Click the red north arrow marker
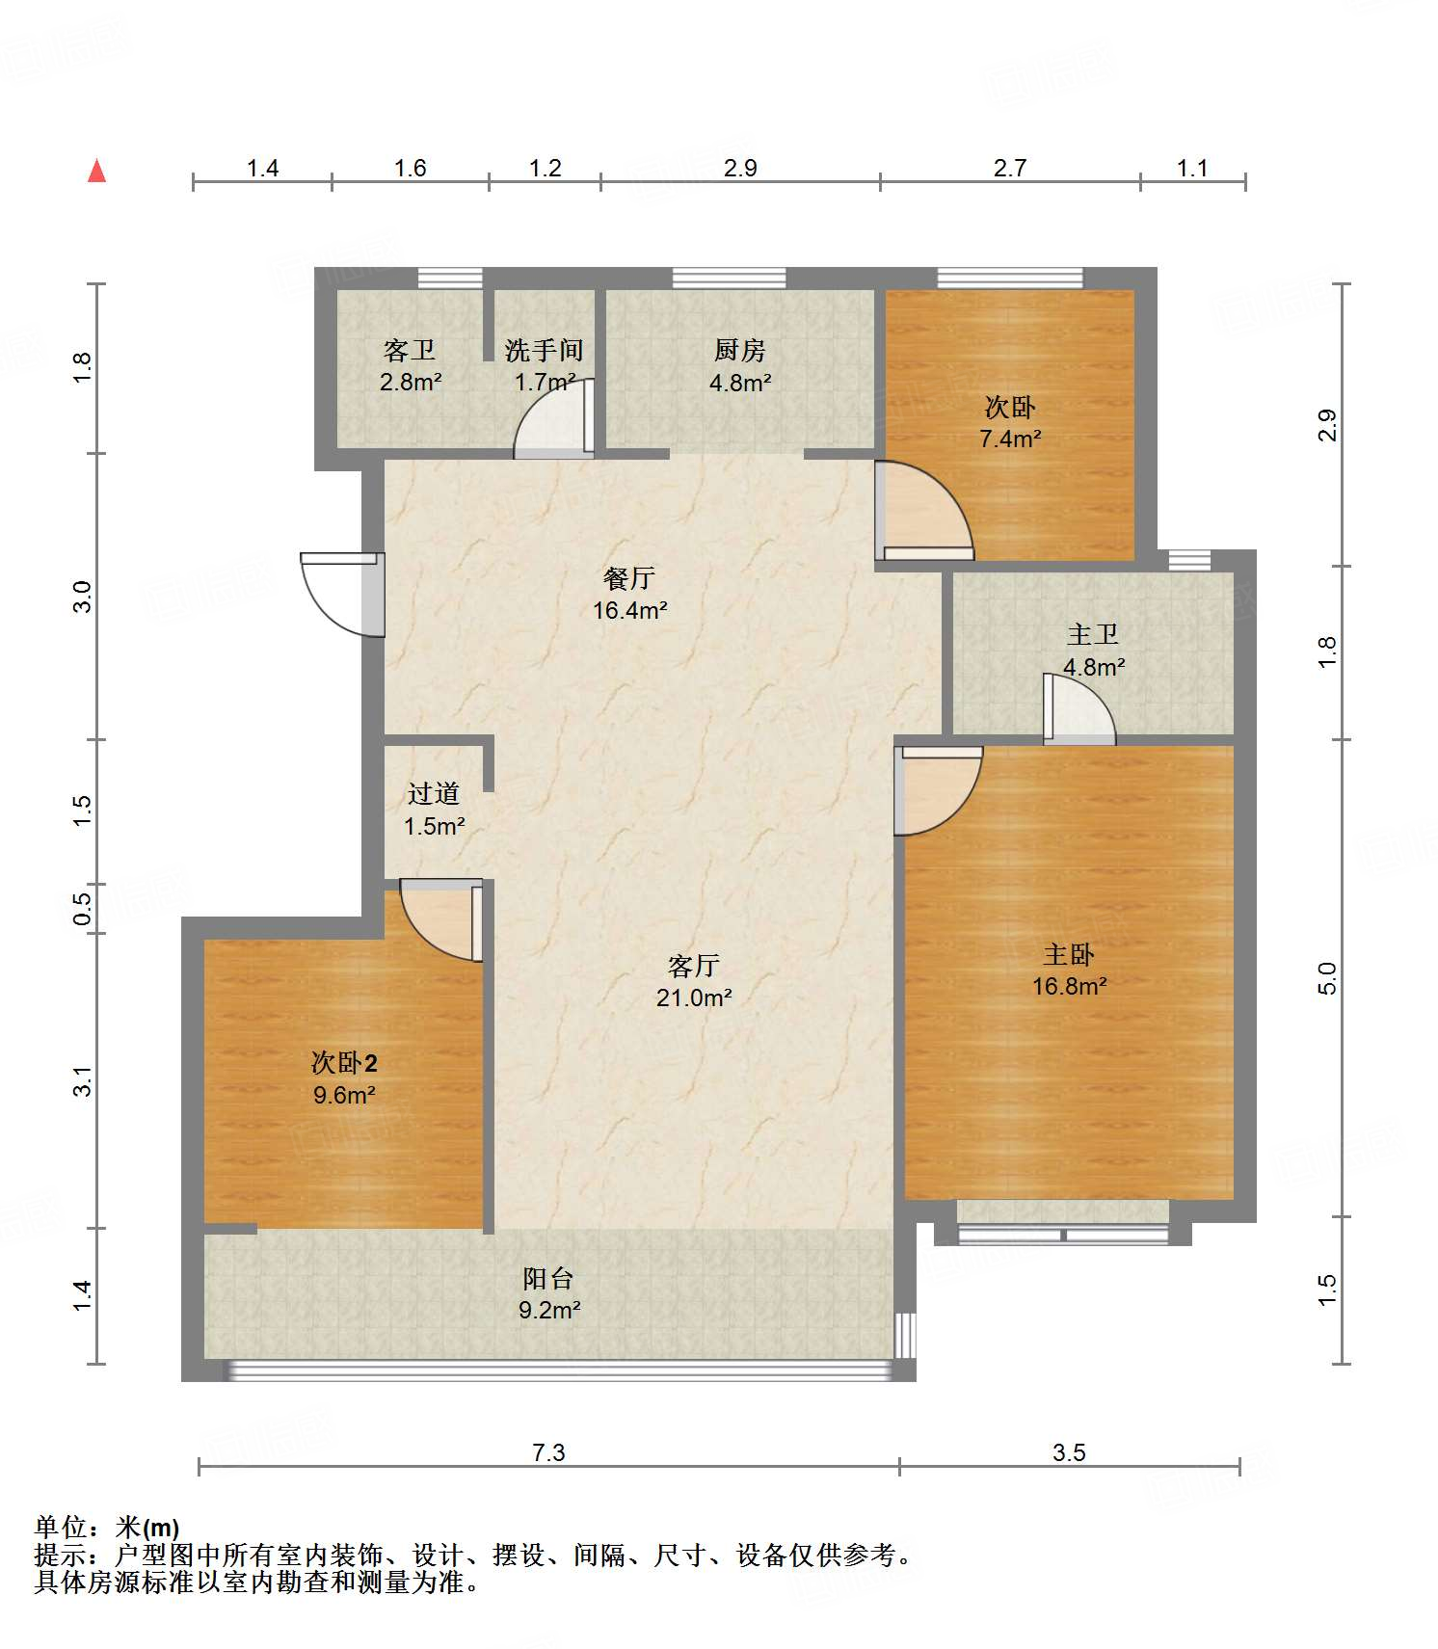(96, 171)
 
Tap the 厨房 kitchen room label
(740, 350)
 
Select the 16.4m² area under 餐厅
(630, 610)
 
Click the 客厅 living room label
(694, 966)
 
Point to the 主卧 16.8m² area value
(1069, 987)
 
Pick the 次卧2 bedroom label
(344, 1063)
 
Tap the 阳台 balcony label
(548, 1279)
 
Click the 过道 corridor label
(434, 794)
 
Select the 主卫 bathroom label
(1093, 635)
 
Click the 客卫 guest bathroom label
(410, 350)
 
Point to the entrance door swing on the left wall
(342, 595)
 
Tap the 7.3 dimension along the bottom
(548, 1452)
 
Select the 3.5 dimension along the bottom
(1069, 1452)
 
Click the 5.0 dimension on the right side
(1327, 979)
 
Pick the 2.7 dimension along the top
(1010, 169)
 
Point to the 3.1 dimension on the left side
(83, 1081)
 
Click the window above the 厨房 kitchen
(729, 279)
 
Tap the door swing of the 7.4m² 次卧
(924, 511)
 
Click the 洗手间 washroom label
(545, 350)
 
